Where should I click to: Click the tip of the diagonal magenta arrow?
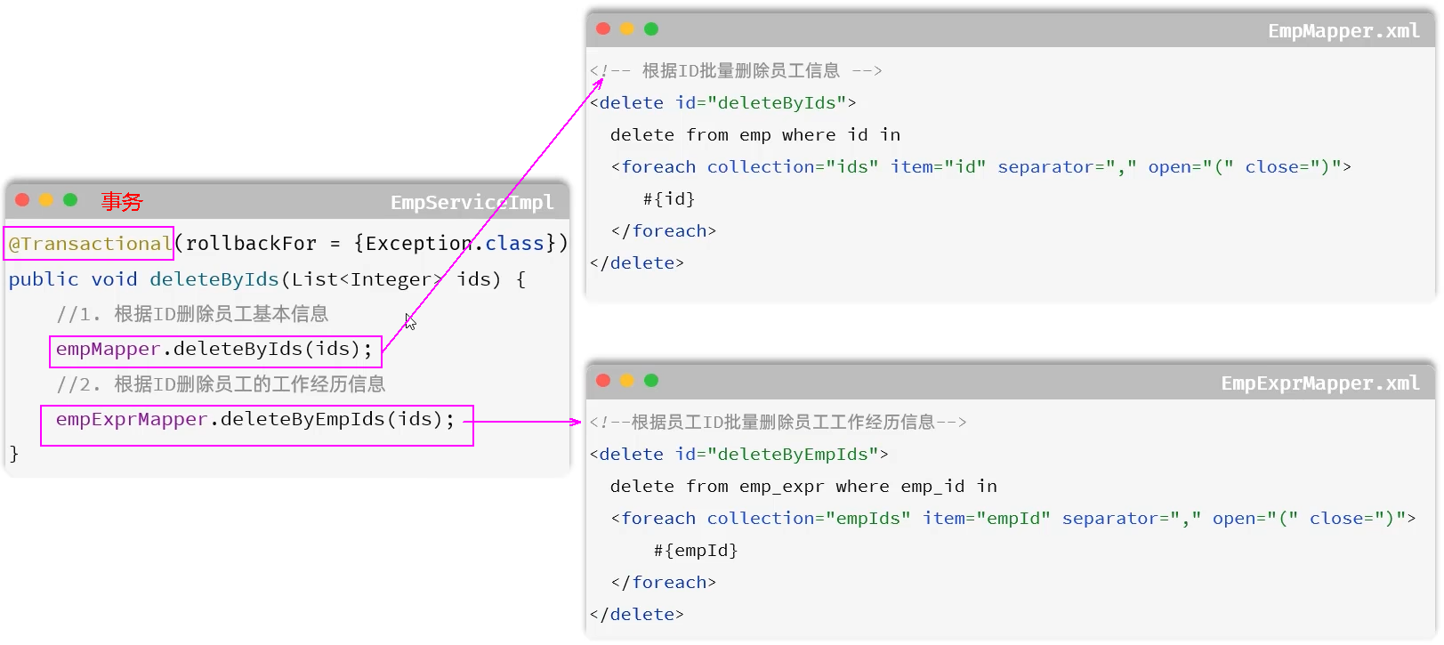click(603, 78)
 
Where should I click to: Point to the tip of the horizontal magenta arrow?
click(582, 422)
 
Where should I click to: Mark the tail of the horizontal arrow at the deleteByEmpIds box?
click(464, 422)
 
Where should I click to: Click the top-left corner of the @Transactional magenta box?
click(4, 227)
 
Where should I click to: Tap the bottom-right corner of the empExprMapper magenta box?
click(473, 445)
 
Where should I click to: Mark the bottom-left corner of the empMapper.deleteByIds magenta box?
click(51, 367)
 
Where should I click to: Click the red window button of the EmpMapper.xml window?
click(603, 29)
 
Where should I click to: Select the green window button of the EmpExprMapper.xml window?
click(651, 380)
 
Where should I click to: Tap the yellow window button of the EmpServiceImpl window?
click(45, 200)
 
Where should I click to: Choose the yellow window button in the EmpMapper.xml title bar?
click(627, 29)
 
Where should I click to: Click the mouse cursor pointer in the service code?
click(410, 321)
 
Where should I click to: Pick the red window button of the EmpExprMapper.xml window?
click(603, 380)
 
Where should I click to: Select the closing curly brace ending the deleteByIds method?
click(14, 454)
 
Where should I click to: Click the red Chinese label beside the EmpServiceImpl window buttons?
click(122, 202)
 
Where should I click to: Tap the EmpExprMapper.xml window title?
click(1320, 383)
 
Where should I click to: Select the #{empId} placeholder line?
click(696, 551)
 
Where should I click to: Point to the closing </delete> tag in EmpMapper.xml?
click(637, 263)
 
